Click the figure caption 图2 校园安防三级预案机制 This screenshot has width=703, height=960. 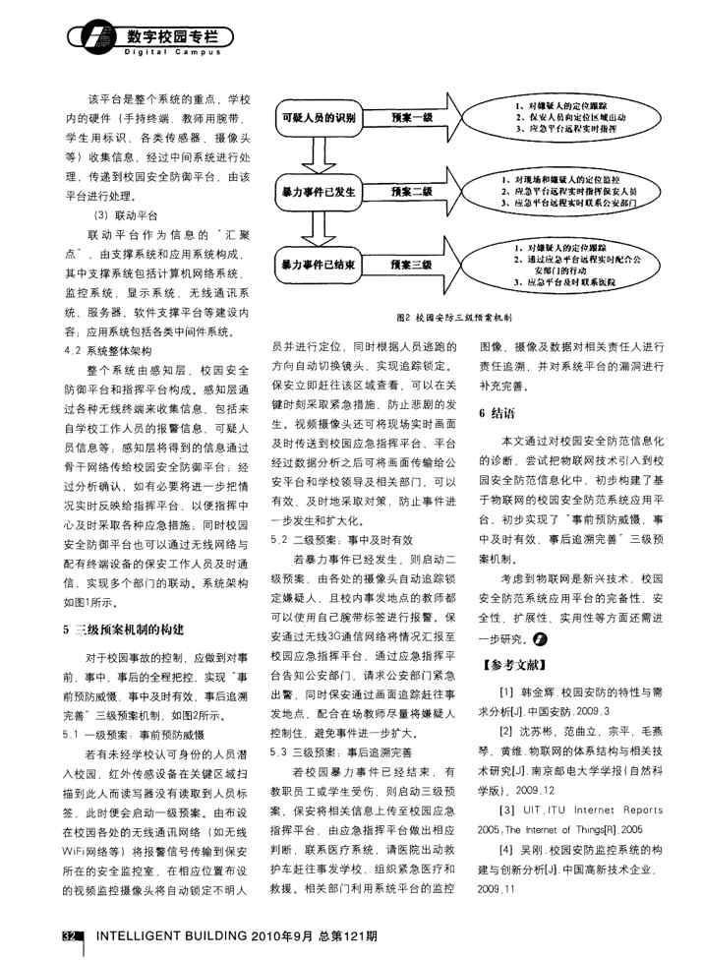coord(460,318)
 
